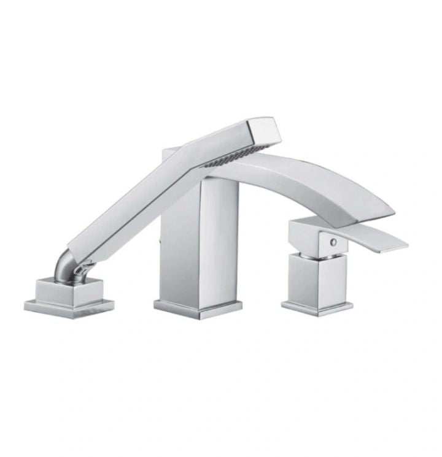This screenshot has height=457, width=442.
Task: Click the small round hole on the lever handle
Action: tap(333, 242)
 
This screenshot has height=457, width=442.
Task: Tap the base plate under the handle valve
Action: tap(317, 304)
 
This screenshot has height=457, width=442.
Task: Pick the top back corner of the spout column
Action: tap(169, 150)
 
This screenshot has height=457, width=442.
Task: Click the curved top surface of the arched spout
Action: tap(307, 169)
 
